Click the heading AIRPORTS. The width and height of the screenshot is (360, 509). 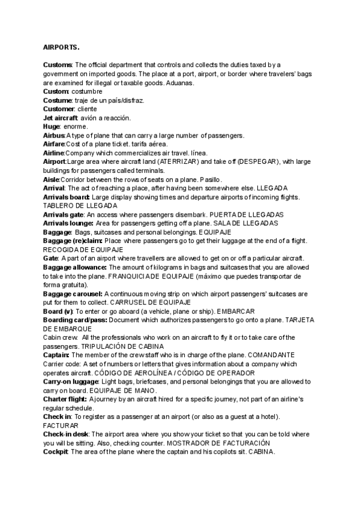click(x=61, y=47)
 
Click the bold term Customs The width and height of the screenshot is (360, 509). click(x=58, y=65)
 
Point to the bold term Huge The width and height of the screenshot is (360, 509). click(x=52, y=127)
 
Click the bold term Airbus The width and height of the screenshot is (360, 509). click(x=55, y=136)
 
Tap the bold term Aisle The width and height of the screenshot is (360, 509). click(x=51, y=179)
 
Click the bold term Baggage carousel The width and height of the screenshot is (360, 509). click(x=73, y=294)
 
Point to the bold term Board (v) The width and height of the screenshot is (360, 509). click(x=58, y=311)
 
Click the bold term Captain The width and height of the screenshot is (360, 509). click(x=56, y=355)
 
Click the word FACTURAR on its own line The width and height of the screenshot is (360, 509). click(x=56, y=426)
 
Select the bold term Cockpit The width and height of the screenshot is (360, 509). click(x=56, y=451)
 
